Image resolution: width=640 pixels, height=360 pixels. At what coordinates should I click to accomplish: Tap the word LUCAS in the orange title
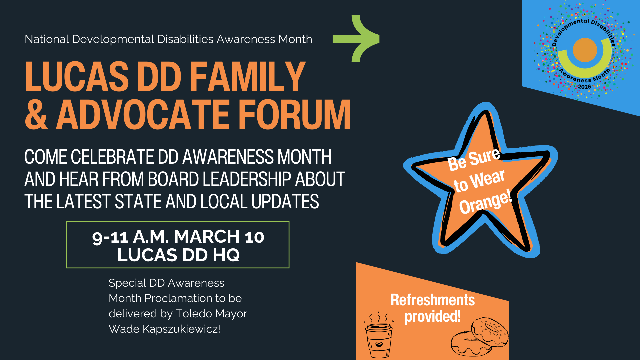77,76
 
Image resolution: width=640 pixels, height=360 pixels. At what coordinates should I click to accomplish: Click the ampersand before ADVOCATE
36,114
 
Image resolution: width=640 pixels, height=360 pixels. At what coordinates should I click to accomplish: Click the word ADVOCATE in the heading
143,114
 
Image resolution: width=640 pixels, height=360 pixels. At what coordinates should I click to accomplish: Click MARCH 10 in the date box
219,237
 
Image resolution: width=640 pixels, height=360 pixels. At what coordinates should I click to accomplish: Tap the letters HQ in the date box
226,255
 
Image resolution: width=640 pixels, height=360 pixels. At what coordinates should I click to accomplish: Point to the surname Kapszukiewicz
181,329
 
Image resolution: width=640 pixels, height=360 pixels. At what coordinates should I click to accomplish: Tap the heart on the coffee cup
379,344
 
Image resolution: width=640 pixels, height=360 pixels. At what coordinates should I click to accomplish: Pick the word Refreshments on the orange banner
432,300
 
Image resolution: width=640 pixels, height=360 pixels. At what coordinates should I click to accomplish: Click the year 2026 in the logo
584,87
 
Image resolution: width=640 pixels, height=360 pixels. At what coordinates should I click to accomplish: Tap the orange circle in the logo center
585,50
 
